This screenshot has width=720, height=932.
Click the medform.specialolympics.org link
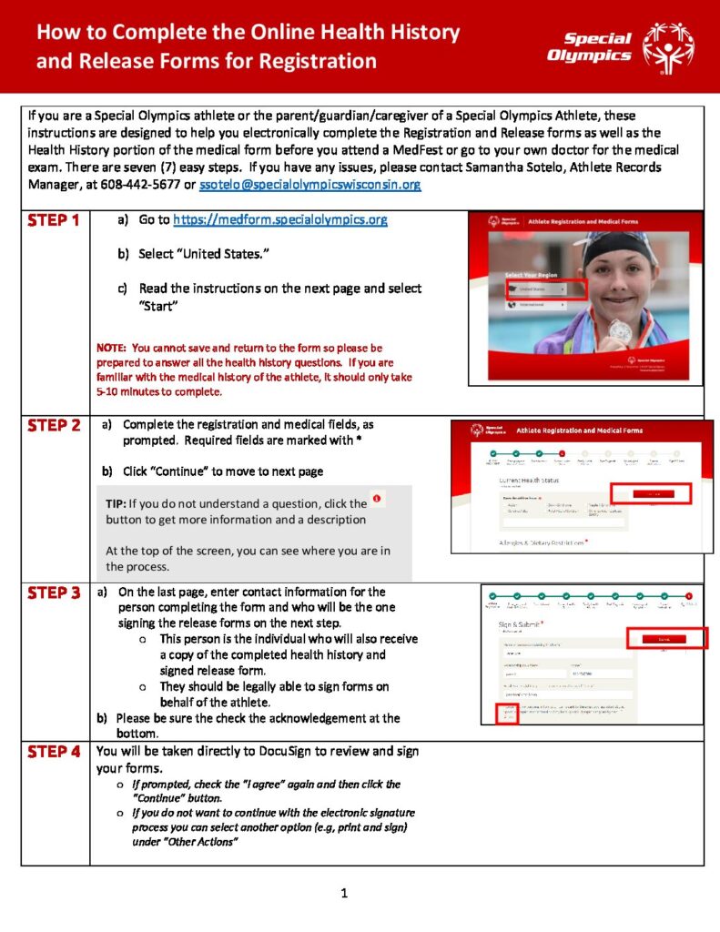(280, 220)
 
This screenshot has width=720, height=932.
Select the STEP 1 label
(54, 221)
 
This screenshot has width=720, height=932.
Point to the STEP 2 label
(54, 426)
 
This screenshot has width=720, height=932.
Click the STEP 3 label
(54, 593)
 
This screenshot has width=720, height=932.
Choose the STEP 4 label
(54, 752)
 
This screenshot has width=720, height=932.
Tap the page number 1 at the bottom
(344, 893)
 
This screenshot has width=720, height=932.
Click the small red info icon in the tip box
(377, 500)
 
